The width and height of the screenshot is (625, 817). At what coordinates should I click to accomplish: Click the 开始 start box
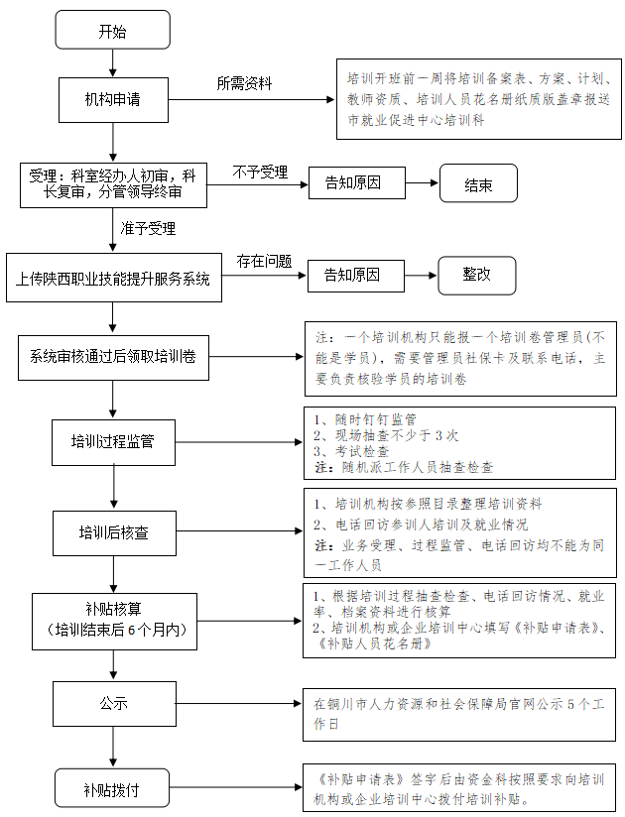(112, 30)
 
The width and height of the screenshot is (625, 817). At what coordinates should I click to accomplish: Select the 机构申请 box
(113, 100)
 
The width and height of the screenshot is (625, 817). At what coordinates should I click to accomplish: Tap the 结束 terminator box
(478, 182)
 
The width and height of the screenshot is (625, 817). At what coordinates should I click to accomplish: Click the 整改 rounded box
(477, 275)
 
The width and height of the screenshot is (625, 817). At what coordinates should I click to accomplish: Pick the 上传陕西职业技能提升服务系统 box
(114, 278)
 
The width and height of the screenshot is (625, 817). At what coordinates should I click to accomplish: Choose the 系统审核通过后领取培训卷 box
(113, 357)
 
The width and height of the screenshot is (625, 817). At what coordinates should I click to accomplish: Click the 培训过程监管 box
(113, 442)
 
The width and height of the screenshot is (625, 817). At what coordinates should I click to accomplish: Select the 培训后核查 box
(114, 532)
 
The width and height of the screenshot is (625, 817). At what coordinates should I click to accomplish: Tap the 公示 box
(114, 703)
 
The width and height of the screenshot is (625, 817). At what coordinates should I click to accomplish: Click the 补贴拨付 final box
(112, 788)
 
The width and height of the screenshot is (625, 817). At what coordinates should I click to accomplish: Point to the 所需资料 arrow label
(244, 83)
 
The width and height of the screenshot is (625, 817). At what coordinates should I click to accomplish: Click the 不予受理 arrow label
(260, 172)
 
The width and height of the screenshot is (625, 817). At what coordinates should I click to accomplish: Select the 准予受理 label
(148, 228)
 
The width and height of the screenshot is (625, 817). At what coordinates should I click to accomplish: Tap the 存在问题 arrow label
(264, 261)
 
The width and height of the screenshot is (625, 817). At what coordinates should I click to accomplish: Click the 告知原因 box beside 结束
(356, 182)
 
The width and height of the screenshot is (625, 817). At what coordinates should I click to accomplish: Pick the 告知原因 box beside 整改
(355, 276)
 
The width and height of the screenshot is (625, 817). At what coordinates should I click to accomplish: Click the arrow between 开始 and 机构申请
(112, 63)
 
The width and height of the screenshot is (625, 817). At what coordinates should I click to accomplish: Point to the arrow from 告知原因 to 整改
(421, 275)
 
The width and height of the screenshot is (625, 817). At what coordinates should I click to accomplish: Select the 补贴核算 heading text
(114, 609)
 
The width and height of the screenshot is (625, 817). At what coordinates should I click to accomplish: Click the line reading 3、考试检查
(351, 451)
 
